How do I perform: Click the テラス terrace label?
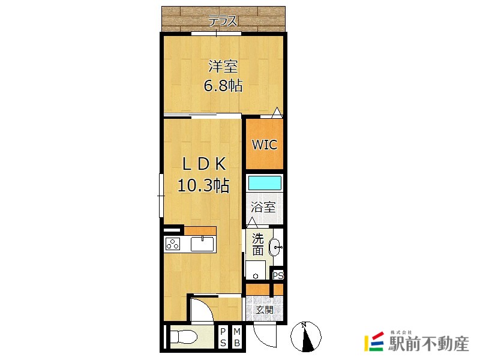223,22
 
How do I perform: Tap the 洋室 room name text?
223,67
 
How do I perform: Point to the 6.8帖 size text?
223,85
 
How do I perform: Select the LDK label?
204,164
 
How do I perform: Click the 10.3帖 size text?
203,185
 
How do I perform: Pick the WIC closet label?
265,145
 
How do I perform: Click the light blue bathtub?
265,182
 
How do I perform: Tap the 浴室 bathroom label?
263,207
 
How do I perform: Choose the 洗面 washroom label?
258,245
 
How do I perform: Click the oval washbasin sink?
275,247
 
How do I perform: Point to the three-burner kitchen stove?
173,244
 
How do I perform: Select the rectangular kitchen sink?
202,244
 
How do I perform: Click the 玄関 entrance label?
265,310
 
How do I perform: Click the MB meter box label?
236,337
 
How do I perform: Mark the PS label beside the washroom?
278,275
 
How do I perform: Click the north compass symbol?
305,337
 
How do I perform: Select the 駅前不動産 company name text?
429,343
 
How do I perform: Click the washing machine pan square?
256,270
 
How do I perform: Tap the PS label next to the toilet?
223,337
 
